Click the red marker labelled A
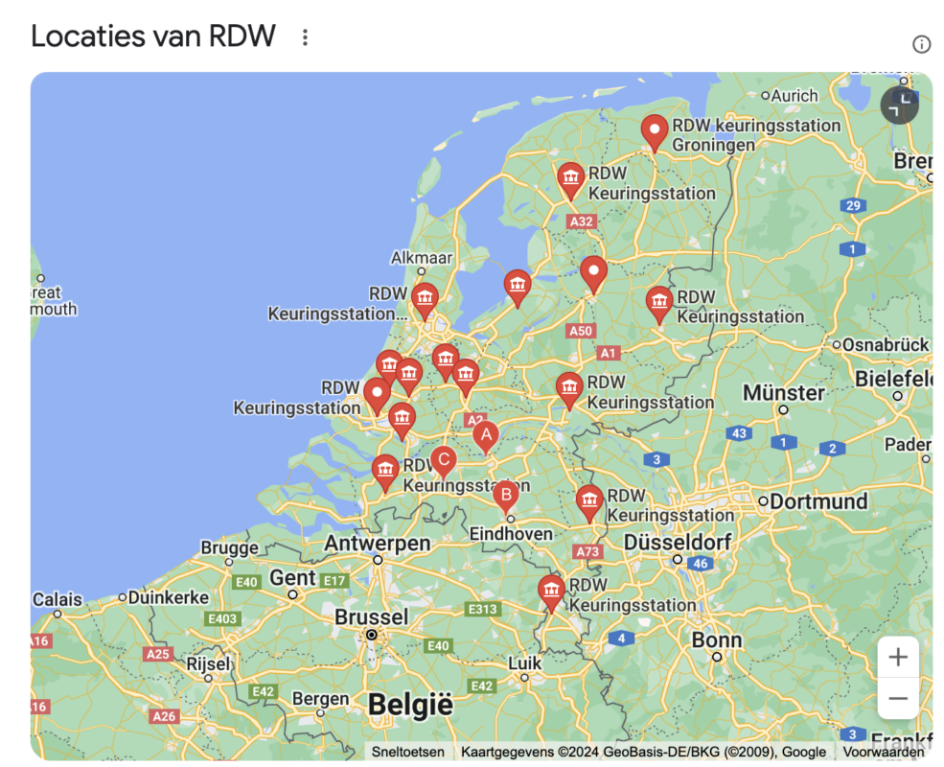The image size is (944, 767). pyautogui.click(x=486, y=435)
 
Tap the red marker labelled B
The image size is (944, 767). pyautogui.click(x=505, y=495)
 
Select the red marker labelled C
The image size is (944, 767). pyautogui.click(x=442, y=460)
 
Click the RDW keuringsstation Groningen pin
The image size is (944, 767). pyautogui.click(x=655, y=129)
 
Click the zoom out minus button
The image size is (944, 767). pyautogui.click(x=898, y=699)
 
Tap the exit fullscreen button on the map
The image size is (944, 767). pyautogui.click(x=899, y=105)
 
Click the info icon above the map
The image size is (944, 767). pyautogui.click(x=921, y=44)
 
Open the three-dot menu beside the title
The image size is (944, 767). pyautogui.click(x=305, y=37)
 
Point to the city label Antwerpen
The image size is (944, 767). pyautogui.click(x=377, y=543)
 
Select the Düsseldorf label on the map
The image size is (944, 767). pyautogui.click(x=678, y=542)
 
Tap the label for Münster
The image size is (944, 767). pyautogui.click(x=783, y=392)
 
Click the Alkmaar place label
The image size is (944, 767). pyautogui.click(x=422, y=258)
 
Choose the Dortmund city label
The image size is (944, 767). pyautogui.click(x=820, y=500)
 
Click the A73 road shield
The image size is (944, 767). pyautogui.click(x=587, y=551)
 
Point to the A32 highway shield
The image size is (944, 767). pyautogui.click(x=581, y=221)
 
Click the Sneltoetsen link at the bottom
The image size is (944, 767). pyautogui.click(x=408, y=753)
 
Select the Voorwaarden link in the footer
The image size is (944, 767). pyautogui.click(x=884, y=753)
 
